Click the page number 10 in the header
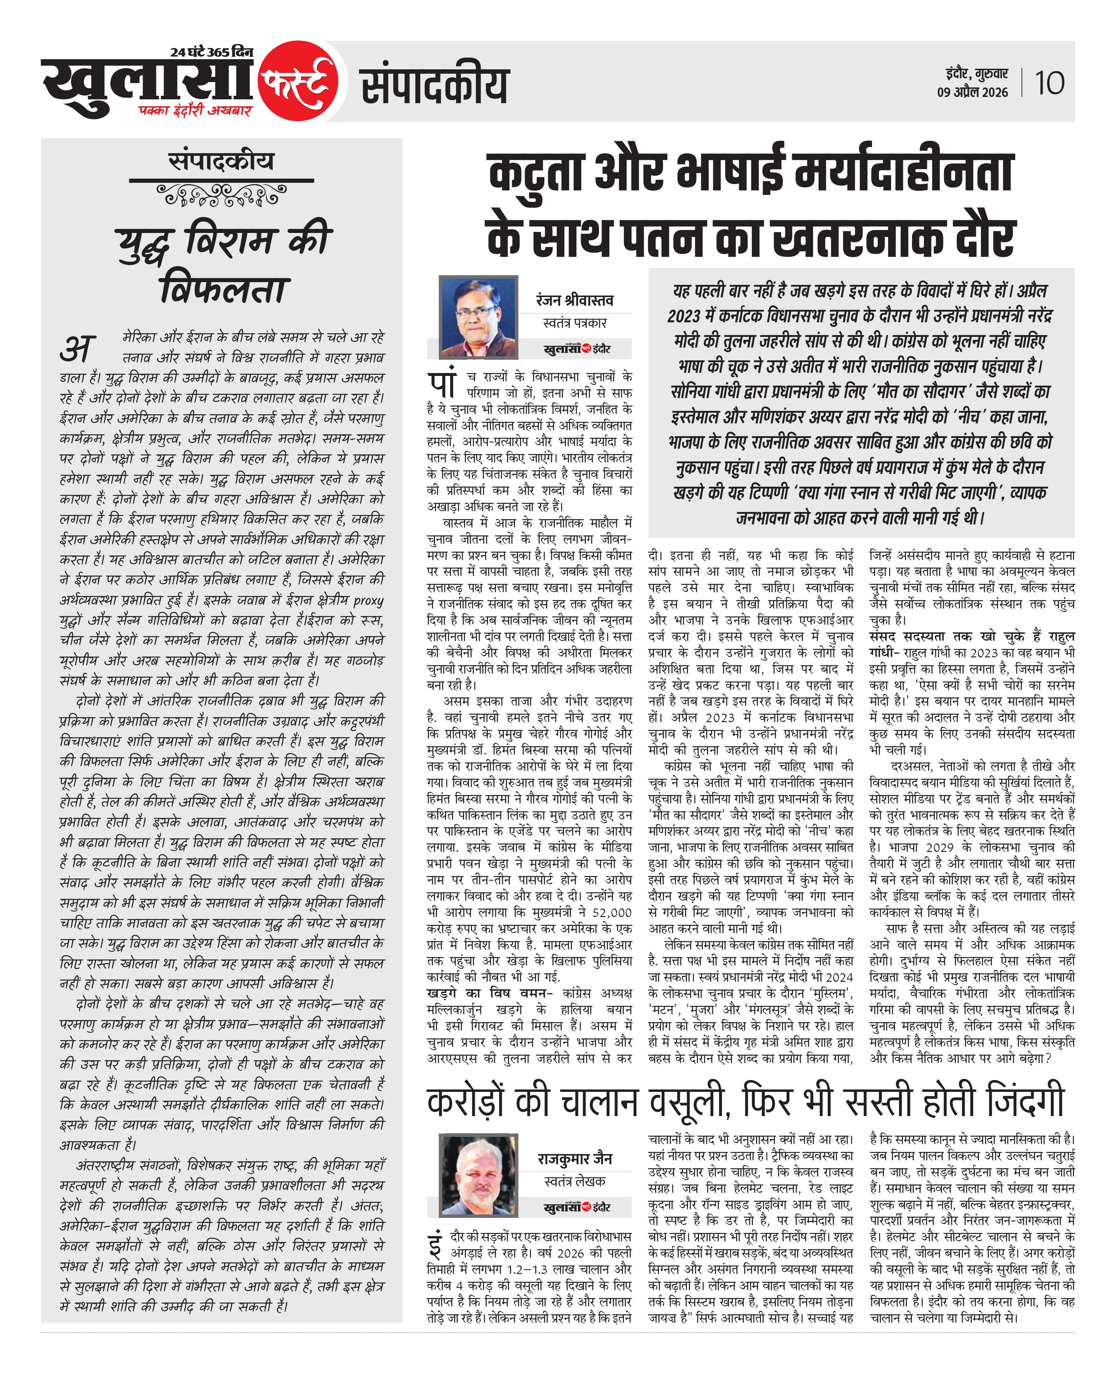1049,83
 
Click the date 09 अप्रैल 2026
972,92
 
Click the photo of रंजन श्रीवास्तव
478,317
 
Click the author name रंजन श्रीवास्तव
575,300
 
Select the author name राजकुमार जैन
575,1159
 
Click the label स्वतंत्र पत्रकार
575,323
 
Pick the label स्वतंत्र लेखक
575,1181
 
